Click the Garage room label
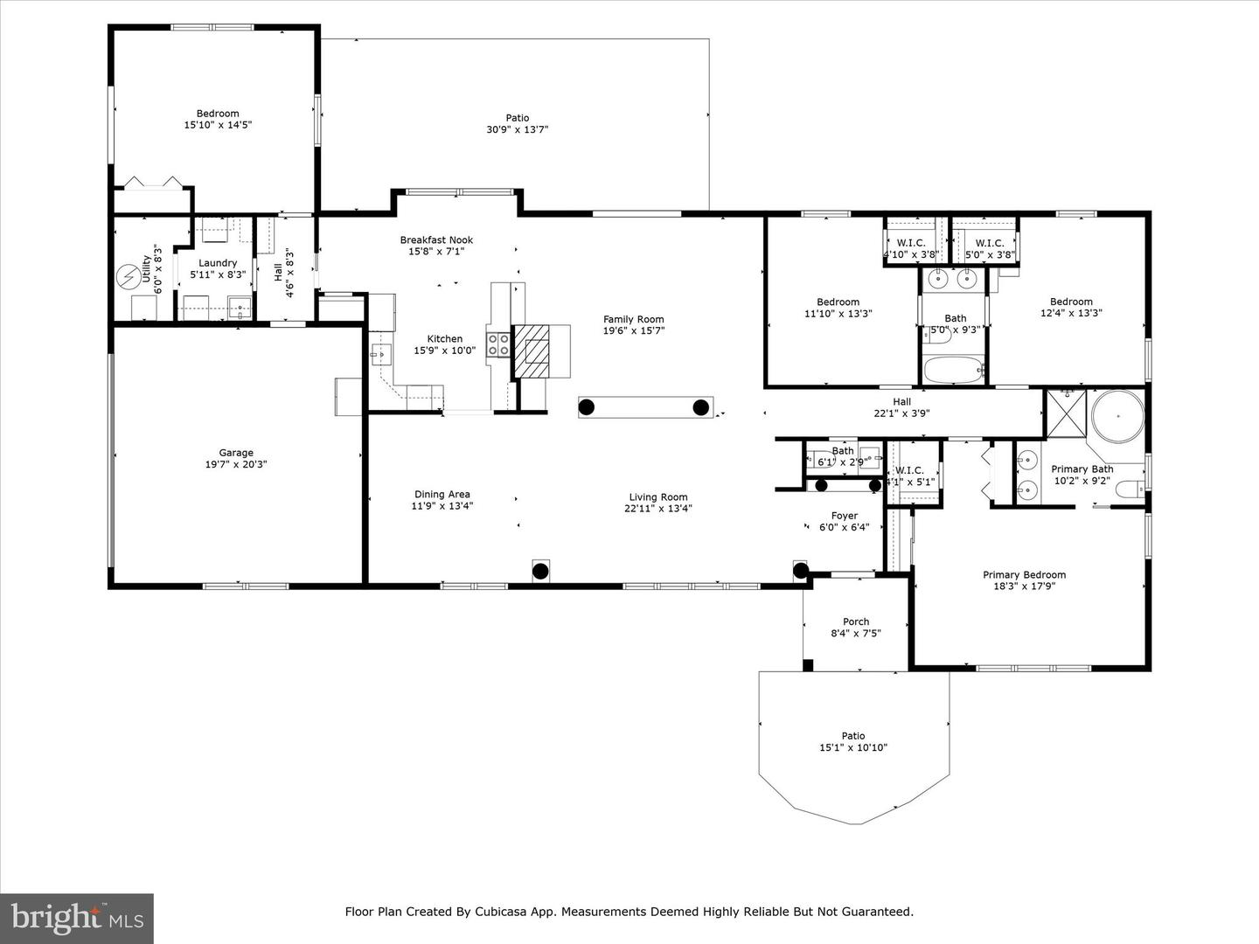click(236, 453)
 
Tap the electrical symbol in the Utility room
click(129, 275)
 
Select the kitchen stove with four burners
click(498, 344)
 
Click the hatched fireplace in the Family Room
click(532, 351)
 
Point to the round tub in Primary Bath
click(1118, 416)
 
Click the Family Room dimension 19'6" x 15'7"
click(634, 331)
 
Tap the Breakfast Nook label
click(436, 239)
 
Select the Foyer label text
click(844, 516)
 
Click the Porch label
click(856, 621)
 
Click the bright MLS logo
click(77, 918)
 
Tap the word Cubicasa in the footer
click(504, 912)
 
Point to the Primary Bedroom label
click(1024, 575)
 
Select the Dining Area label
click(442, 494)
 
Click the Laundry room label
click(218, 262)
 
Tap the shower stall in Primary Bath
click(1066, 413)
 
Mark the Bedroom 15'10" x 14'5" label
click(218, 114)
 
